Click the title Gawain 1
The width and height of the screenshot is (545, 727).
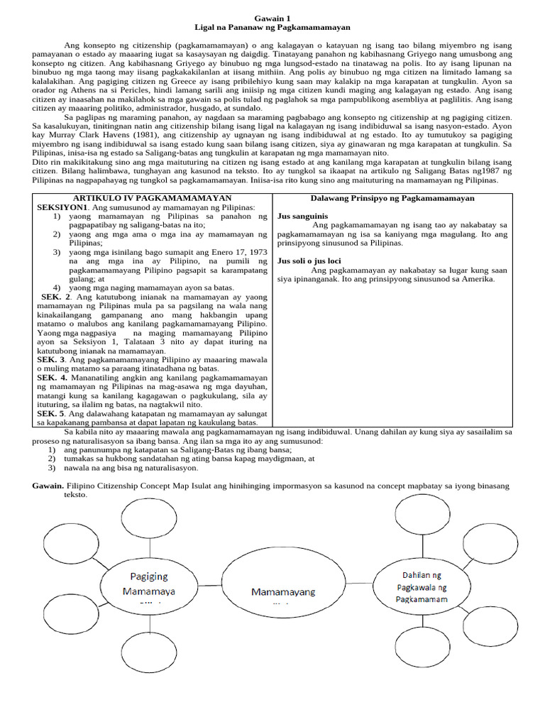[272, 18]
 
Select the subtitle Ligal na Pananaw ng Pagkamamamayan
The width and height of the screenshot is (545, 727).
[272, 27]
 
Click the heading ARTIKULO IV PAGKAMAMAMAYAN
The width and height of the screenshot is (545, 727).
[153, 198]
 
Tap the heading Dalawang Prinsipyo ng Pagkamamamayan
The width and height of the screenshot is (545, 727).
[392, 198]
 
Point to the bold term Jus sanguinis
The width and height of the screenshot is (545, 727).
[297, 216]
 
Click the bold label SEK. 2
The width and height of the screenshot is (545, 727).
[55, 296]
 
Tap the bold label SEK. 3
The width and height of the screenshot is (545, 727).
[50, 360]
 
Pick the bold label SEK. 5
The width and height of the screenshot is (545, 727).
[50, 413]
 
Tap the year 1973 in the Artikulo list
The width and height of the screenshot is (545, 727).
[254, 252]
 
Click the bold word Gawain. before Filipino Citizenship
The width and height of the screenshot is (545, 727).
[48, 486]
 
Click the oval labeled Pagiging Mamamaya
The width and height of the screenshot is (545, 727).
[149, 584]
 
